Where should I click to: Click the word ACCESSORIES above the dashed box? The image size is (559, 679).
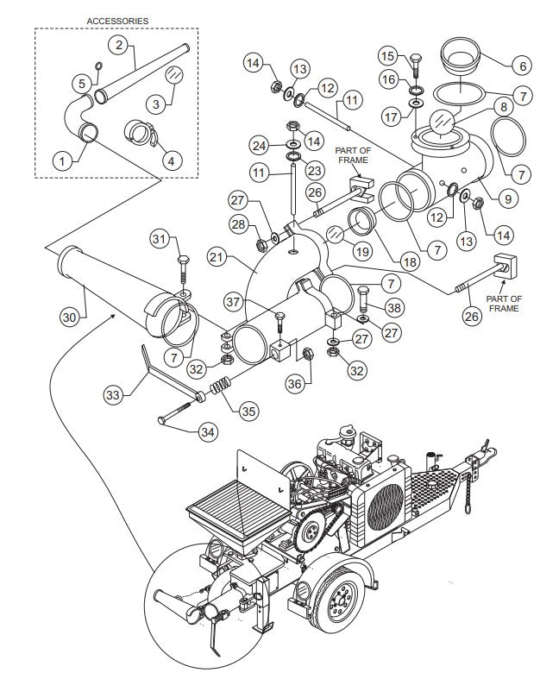pos(116,20)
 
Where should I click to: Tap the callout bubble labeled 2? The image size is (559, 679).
pos(118,43)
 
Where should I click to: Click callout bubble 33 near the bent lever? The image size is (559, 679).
pos(114,395)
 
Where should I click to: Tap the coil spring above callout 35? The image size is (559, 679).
pos(221,388)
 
